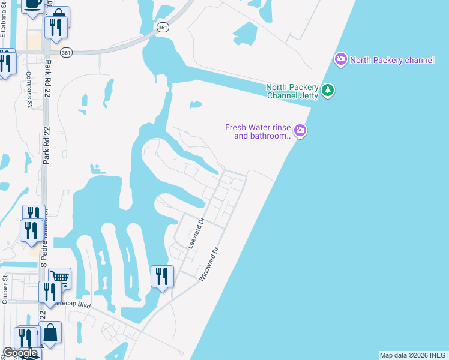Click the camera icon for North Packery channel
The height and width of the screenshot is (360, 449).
click(341, 59)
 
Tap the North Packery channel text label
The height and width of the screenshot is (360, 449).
click(392, 60)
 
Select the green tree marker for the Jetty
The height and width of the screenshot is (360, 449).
click(327, 91)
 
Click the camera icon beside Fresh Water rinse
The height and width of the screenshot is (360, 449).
click(300, 130)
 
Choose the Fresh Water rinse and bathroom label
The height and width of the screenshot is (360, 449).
click(258, 131)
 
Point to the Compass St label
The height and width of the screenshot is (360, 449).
click(29, 89)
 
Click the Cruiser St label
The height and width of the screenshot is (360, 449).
click(5, 290)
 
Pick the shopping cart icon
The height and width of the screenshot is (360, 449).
click(59, 277)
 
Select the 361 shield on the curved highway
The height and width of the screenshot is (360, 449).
click(162, 28)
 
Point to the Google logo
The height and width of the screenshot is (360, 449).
click(20, 353)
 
